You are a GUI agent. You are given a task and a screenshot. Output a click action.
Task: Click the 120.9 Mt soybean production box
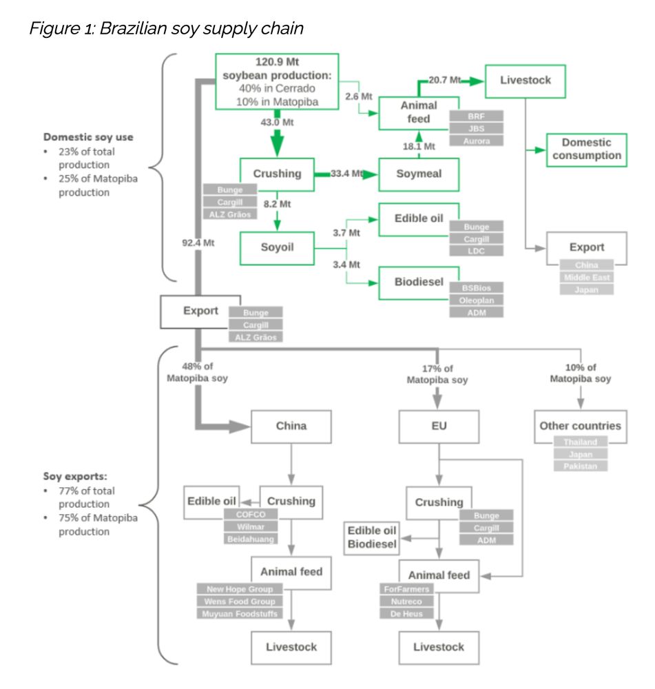click(x=277, y=81)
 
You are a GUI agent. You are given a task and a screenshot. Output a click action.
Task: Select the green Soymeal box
click(x=418, y=174)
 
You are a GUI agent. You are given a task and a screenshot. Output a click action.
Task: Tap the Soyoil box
click(x=276, y=247)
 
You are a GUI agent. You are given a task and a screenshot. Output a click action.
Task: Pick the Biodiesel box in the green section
click(x=419, y=281)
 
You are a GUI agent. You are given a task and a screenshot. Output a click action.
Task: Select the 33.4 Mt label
click(x=347, y=174)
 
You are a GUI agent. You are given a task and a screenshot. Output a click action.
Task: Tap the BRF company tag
click(x=476, y=116)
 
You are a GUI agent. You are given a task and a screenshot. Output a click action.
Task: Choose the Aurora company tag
click(x=476, y=141)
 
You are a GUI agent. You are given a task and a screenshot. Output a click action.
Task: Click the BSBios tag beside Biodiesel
click(x=476, y=287)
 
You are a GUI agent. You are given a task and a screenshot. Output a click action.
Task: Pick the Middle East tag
click(x=586, y=278)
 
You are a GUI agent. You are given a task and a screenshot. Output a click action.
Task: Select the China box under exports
click(x=291, y=426)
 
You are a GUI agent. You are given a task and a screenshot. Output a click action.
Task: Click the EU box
click(x=439, y=426)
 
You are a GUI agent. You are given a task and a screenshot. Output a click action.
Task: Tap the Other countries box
click(x=580, y=425)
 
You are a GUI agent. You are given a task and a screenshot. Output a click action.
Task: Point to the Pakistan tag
click(x=581, y=466)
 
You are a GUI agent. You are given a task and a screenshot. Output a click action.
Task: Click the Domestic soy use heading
click(x=89, y=137)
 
